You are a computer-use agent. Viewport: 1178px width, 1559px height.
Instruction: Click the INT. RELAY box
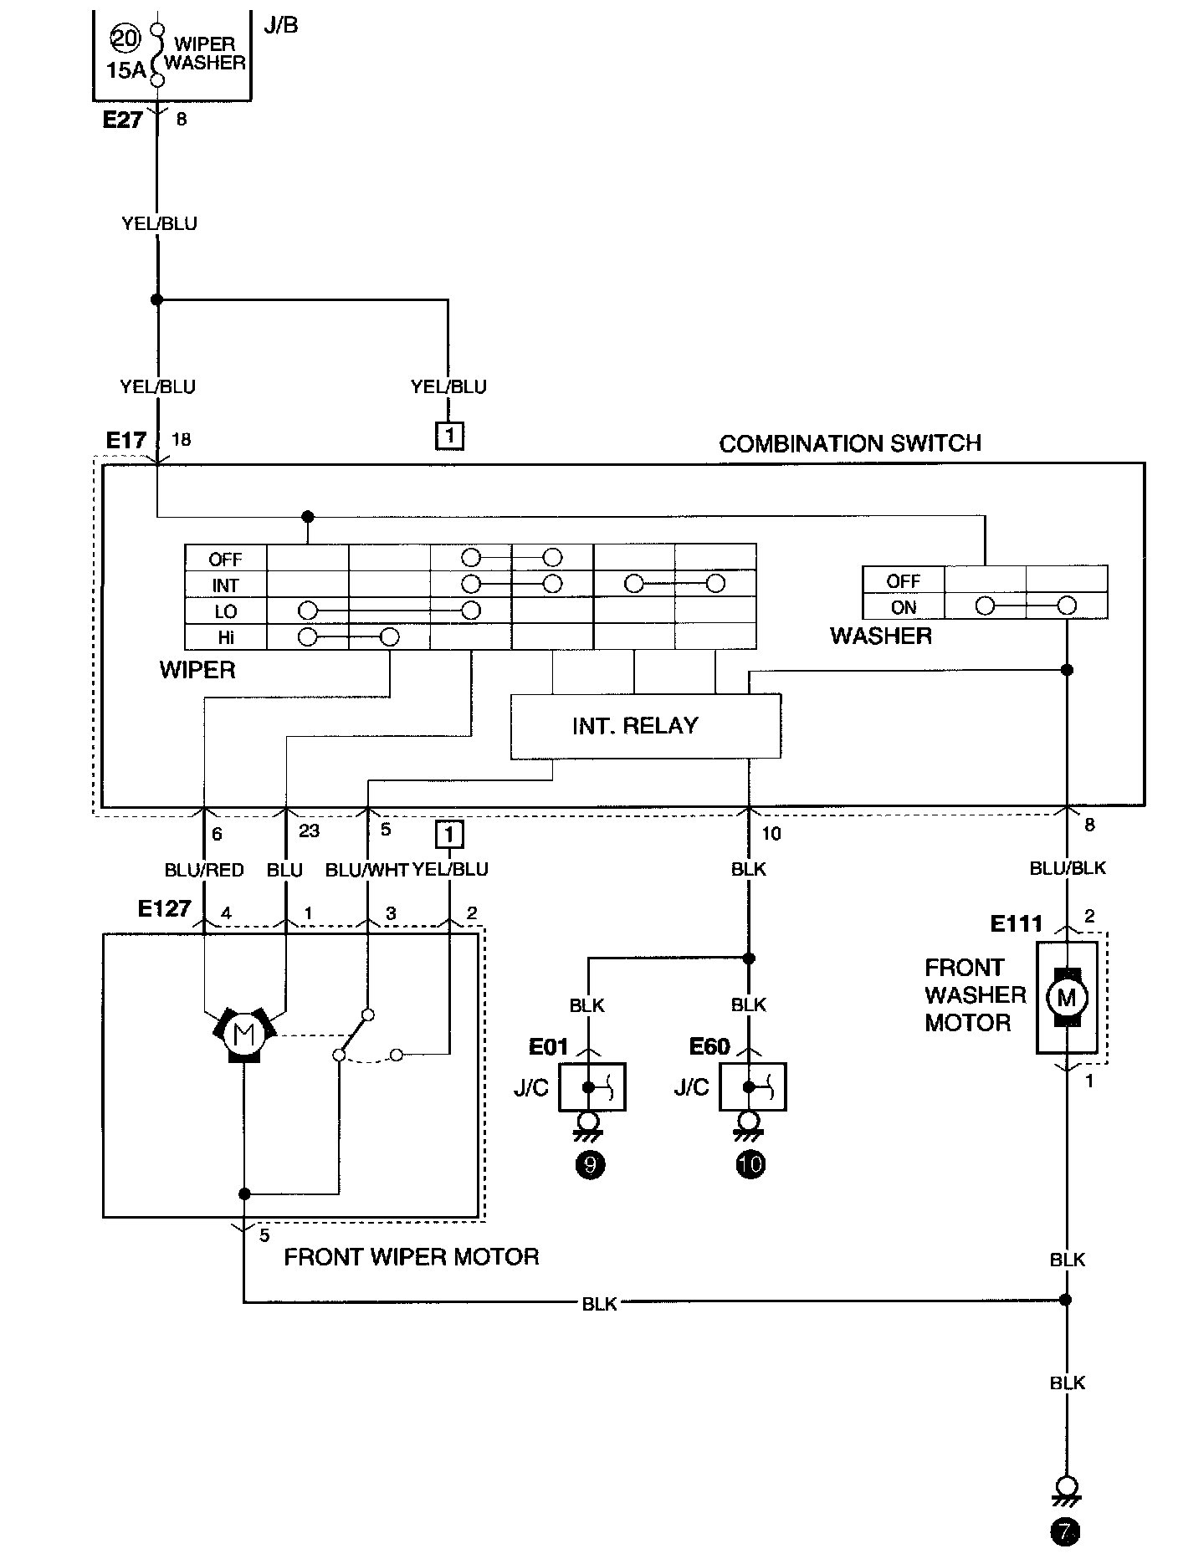point(645,726)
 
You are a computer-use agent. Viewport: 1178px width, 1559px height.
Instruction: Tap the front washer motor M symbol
point(1066,997)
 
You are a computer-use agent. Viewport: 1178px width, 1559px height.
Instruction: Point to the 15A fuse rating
point(126,71)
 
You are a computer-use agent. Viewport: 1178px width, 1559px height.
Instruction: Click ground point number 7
point(1065,1531)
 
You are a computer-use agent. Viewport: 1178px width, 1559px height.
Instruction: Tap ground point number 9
point(590,1164)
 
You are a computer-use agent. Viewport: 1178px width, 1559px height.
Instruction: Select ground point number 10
point(750,1164)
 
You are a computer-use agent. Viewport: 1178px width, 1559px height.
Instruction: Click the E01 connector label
point(548,1046)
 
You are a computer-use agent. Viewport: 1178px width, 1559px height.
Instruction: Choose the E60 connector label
point(709,1046)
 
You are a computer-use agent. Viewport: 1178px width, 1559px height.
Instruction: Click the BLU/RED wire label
point(204,870)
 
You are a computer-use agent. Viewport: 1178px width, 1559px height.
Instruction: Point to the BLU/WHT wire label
point(366,870)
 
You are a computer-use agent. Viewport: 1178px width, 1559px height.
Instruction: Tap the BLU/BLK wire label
point(1068,868)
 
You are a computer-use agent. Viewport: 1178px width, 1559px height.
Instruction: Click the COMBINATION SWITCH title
point(850,443)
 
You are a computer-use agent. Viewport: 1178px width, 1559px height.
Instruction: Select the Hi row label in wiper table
point(226,637)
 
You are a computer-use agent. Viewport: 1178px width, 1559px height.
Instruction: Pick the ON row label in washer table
point(904,607)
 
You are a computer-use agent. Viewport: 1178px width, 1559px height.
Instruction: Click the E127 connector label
point(165,908)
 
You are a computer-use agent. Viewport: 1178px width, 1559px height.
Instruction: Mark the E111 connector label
point(1017,923)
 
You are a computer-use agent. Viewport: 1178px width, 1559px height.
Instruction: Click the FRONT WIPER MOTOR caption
point(412,1257)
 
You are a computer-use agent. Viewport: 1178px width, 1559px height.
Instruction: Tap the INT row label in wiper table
point(226,585)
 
